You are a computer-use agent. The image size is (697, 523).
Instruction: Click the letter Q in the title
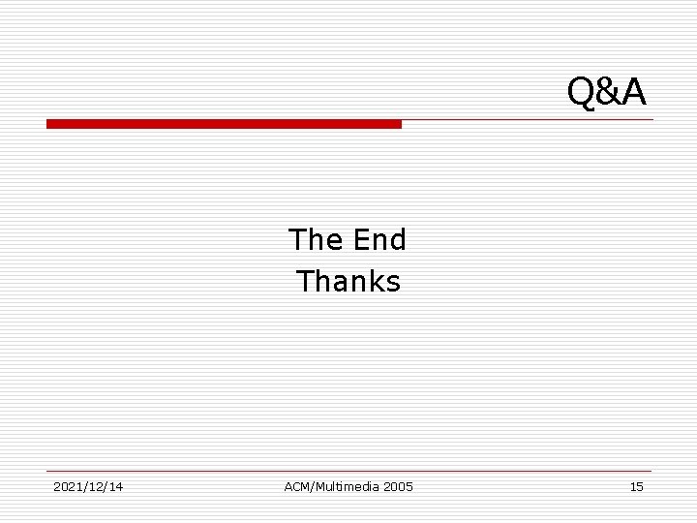pos(581,92)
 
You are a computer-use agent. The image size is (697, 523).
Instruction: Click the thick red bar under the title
pos(224,124)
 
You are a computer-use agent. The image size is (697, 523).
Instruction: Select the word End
pos(380,239)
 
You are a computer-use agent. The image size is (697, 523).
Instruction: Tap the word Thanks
pos(348,282)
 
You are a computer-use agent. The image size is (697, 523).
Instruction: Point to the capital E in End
pos(361,239)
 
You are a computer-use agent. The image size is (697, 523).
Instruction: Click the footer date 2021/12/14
pos(88,486)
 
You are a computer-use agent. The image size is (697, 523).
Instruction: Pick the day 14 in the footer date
pos(116,486)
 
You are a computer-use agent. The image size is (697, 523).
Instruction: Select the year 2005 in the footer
pos(398,486)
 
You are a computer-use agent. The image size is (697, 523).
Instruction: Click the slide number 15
pos(636,486)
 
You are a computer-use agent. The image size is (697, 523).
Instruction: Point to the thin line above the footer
pos(348,472)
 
